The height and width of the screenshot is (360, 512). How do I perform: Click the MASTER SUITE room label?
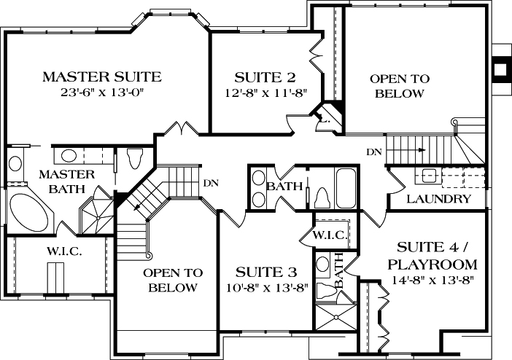click(101, 76)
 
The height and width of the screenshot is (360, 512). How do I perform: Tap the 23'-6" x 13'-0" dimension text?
click(101, 93)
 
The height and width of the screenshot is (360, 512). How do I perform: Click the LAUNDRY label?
click(438, 198)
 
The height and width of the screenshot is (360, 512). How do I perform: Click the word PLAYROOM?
click(433, 264)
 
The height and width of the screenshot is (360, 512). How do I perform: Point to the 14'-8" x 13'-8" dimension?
click(433, 281)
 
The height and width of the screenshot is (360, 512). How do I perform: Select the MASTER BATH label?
click(66, 181)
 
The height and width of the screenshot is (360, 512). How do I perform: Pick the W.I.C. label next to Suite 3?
click(330, 235)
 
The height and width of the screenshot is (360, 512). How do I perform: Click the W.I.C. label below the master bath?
click(64, 251)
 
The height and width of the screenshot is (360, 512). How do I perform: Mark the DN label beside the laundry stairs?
click(373, 152)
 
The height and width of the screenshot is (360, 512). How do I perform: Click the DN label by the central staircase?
click(212, 182)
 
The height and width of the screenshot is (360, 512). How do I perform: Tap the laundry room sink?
click(428, 176)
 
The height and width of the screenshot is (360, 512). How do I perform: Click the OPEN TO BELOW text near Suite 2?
click(399, 85)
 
